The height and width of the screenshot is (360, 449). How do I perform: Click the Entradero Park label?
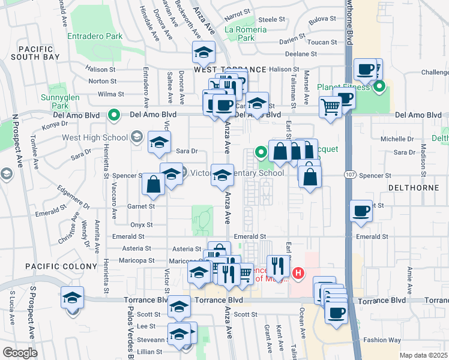[95, 37]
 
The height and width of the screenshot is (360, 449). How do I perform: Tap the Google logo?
[20, 353]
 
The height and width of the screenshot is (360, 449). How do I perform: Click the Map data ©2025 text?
[423, 355]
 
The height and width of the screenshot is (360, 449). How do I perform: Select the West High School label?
[94, 137]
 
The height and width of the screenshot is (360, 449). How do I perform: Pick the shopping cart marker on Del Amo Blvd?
[330, 107]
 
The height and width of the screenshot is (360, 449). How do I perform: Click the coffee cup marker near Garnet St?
[361, 211]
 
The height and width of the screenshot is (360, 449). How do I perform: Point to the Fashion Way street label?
[382, 340]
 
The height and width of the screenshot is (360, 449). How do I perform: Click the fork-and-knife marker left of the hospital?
[278, 266]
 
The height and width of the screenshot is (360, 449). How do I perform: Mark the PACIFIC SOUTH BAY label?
[39, 53]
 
